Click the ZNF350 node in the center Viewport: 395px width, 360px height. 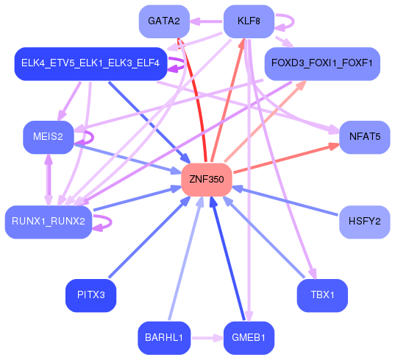click(x=207, y=180)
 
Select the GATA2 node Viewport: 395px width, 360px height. click(x=164, y=21)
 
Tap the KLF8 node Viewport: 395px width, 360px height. click(x=249, y=21)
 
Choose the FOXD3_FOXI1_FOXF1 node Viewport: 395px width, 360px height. click(x=321, y=63)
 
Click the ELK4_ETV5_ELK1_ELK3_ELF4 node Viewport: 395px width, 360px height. click(x=90, y=63)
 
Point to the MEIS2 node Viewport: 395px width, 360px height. click(x=49, y=137)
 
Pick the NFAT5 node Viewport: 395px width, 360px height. click(x=364, y=137)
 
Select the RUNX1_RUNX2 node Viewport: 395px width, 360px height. click(x=49, y=221)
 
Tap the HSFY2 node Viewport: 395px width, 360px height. click(x=364, y=221)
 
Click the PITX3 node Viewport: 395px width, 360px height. click(x=91, y=295)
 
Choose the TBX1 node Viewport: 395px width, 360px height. click(x=322, y=295)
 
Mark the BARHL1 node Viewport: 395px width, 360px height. click(x=164, y=338)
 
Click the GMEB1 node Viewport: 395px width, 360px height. click(x=249, y=338)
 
